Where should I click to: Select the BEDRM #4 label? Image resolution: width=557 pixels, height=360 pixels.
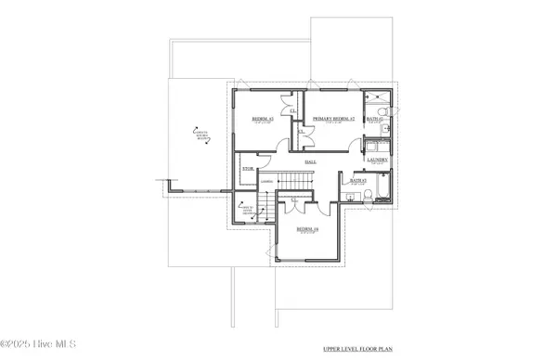[307, 228]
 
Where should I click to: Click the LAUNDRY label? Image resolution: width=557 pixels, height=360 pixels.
[376, 161]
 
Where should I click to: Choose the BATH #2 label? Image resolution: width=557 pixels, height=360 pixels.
[374, 120]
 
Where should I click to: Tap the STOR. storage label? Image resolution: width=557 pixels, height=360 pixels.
[248, 169]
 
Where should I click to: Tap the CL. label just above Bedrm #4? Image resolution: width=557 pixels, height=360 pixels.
[295, 200]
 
